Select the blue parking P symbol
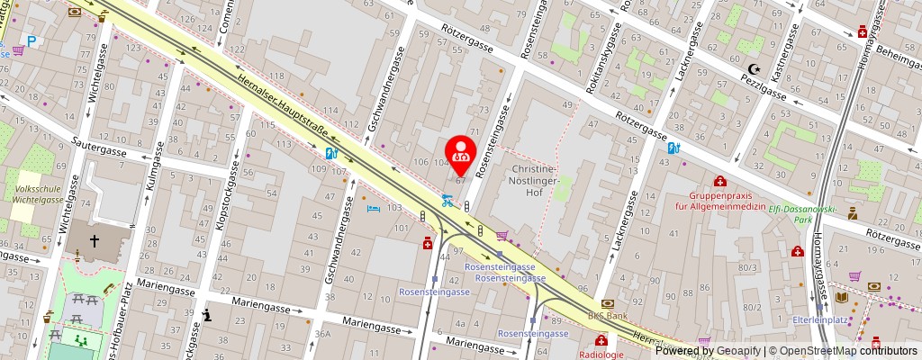coord(32,40)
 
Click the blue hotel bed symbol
coord(374,208)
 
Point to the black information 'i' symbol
coord(208,314)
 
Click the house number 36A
coord(322,334)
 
